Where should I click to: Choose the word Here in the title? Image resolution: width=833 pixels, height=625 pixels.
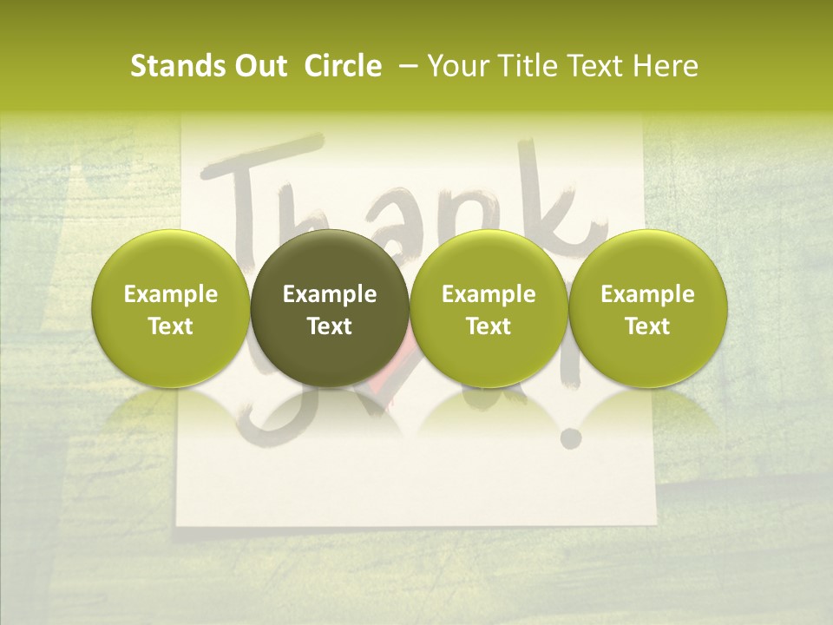pyautogui.click(x=666, y=66)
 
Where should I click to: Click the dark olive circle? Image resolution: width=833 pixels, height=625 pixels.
pyautogui.click(x=330, y=308)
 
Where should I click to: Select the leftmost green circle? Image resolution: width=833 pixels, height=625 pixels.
pyautogui.click(x=170, y=308)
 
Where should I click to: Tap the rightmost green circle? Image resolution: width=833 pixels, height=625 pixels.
pyautogui.click(x=648, y=308)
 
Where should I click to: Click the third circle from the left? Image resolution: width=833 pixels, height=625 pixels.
pyautogui.click(x=489, y=308)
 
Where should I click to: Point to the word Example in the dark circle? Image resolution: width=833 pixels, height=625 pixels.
pyautogui.click(x=330, y=294)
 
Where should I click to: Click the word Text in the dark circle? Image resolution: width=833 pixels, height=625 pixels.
pyautogui.click(x=330, y=326)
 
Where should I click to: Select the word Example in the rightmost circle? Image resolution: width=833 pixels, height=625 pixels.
pyautogui.click(x=648, y=294)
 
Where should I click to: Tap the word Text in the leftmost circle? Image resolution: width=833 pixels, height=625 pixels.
pyautogui.click(x=170, y=326)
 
